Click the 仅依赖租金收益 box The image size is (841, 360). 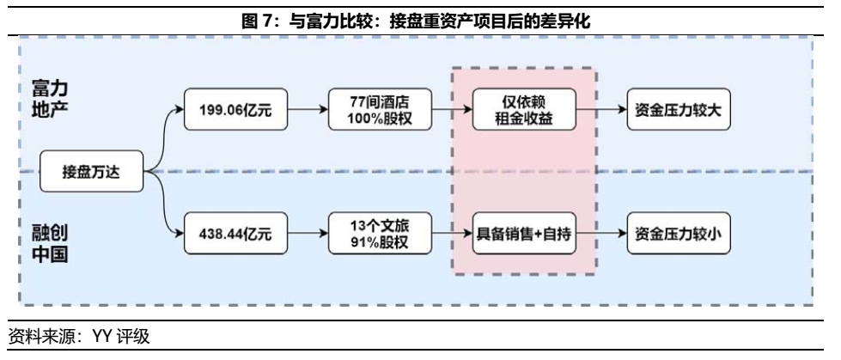[524, 110]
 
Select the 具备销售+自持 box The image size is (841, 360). [524, 232]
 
